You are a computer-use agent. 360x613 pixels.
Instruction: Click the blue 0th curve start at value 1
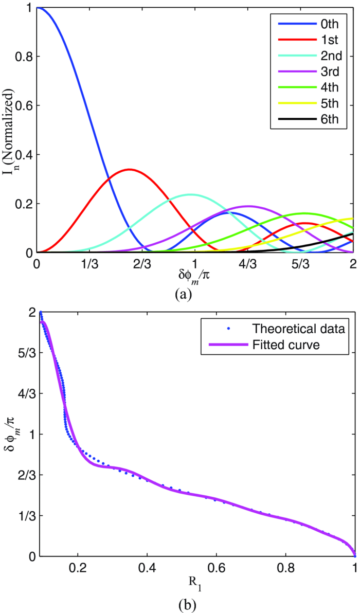pyautogui.click(x=37, y=8)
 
